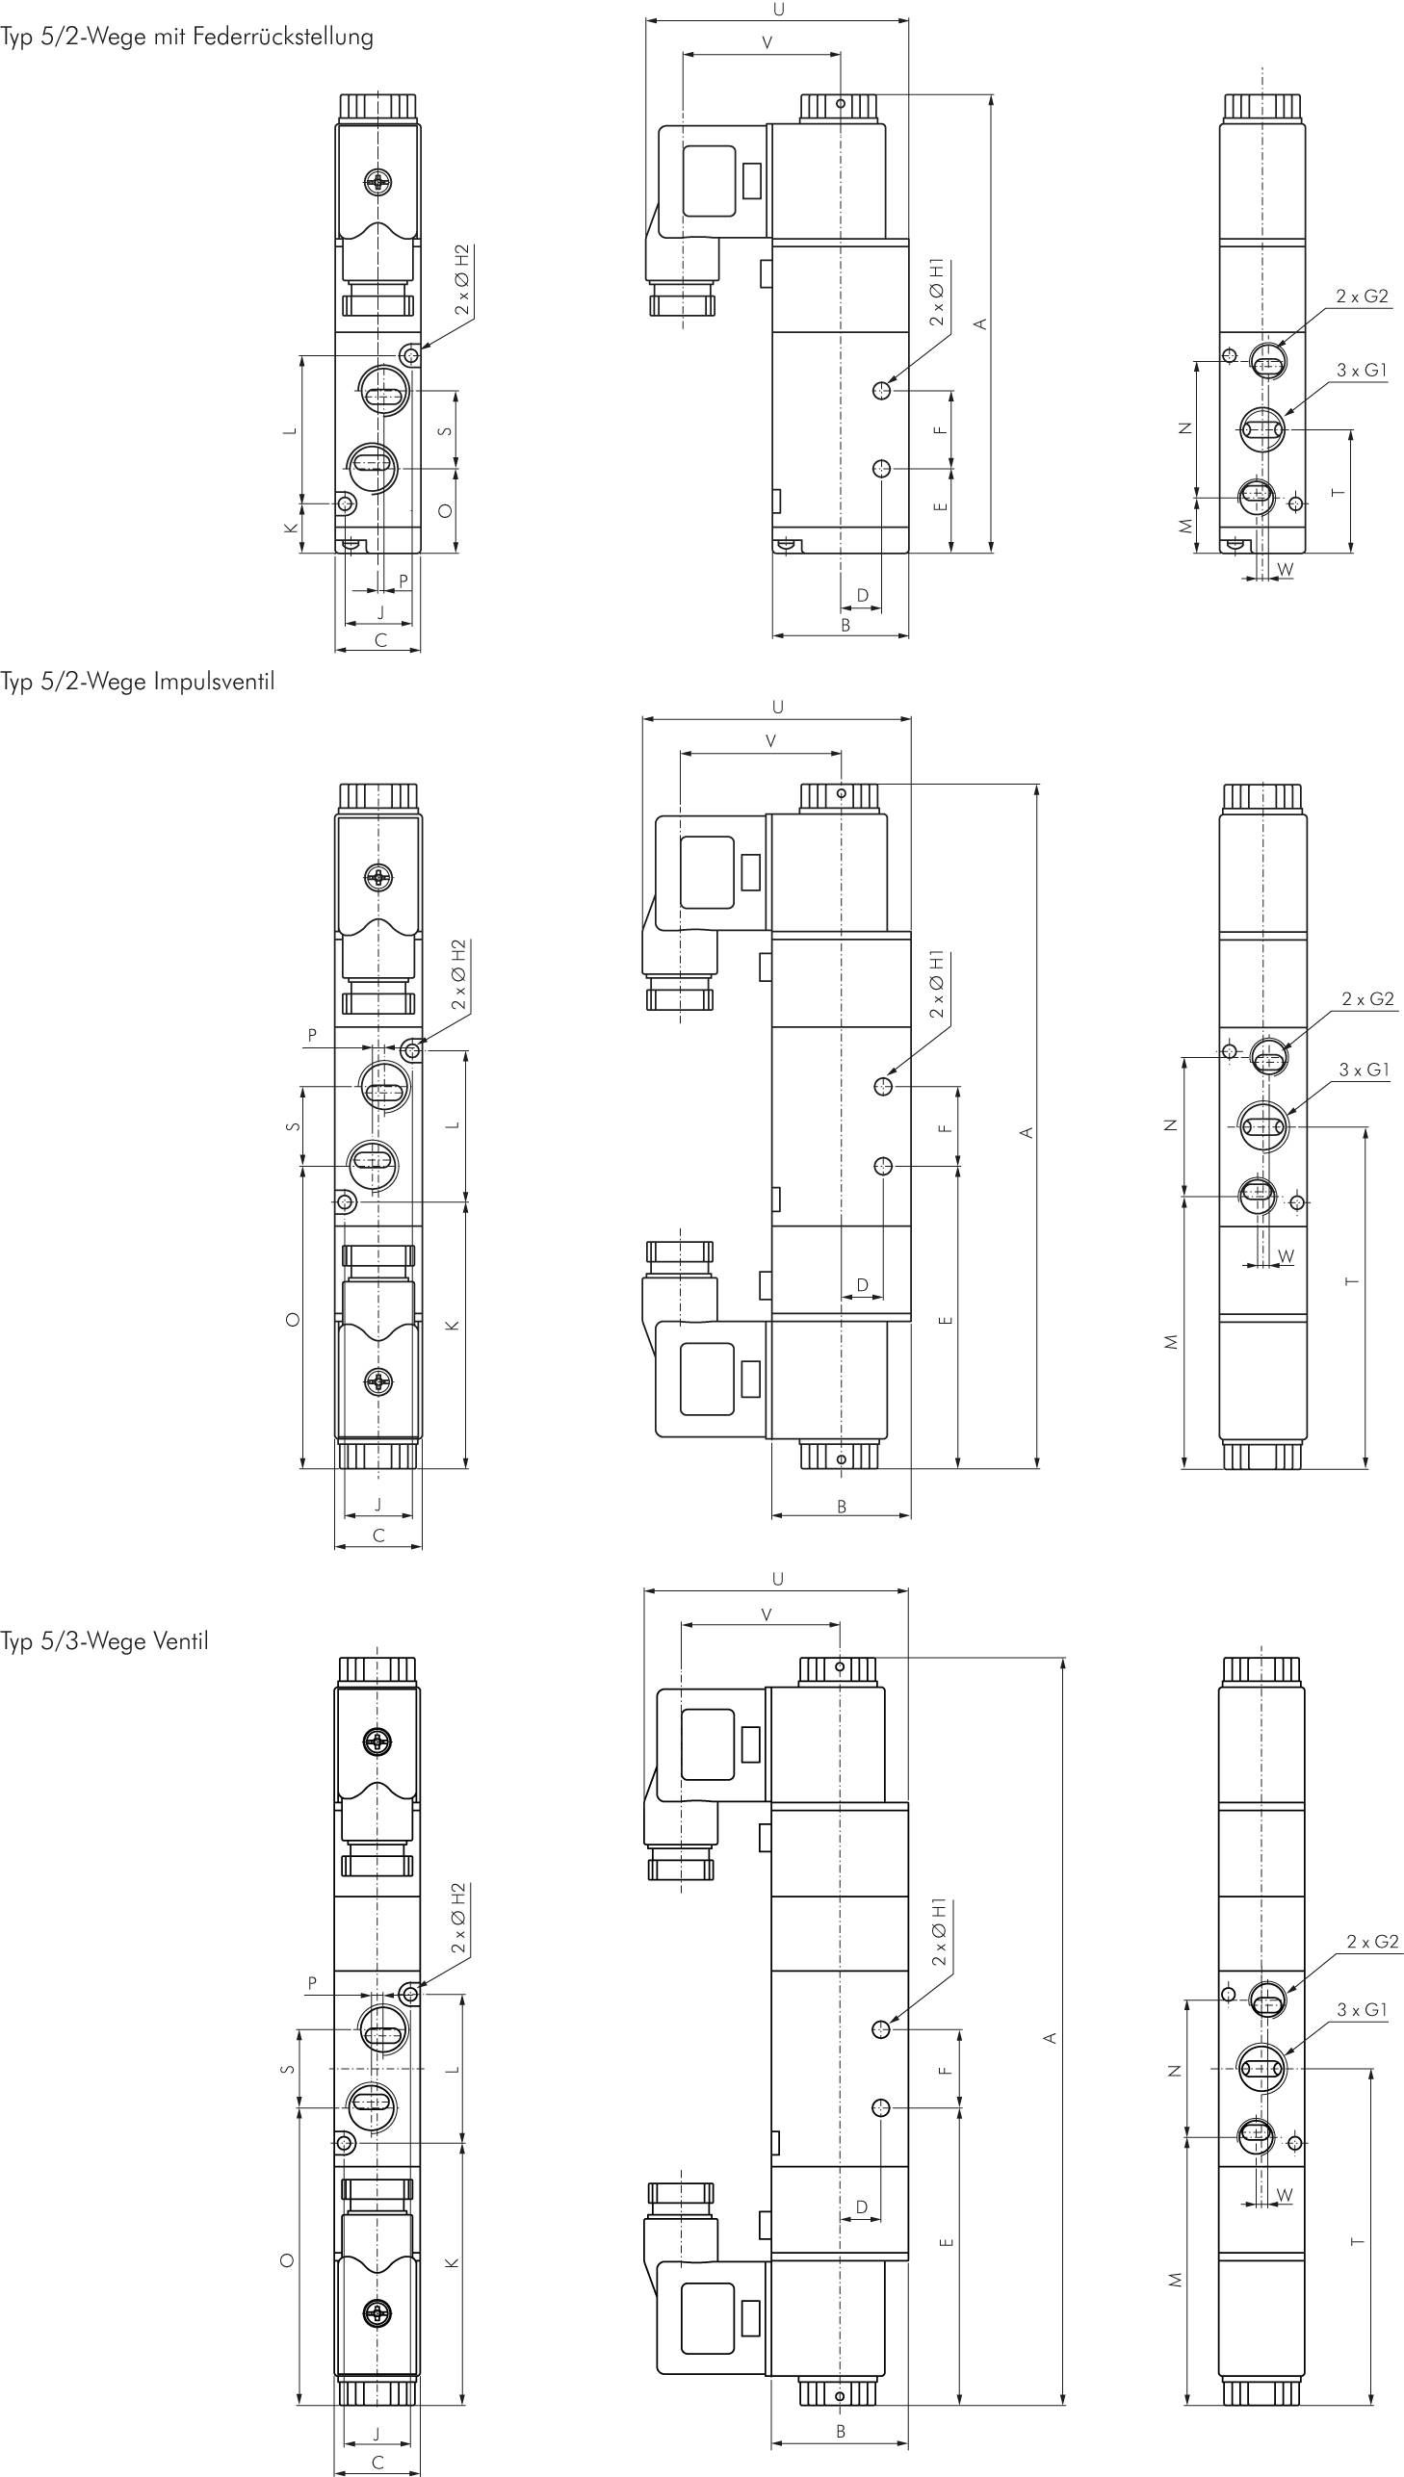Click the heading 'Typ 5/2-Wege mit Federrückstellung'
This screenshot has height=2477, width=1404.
point(187,38)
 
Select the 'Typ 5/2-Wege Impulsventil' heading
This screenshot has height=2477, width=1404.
point(138,683)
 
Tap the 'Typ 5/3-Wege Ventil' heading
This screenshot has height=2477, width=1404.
point(104,1641)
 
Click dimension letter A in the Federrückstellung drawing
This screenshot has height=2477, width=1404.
point(980,323)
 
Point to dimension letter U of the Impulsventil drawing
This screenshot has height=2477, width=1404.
point(778,707)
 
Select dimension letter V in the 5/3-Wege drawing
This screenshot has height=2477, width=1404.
point(767,1614)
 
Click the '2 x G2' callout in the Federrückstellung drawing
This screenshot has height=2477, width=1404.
point(1363,296)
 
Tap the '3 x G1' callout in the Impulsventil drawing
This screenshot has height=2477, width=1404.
point(1365,1069)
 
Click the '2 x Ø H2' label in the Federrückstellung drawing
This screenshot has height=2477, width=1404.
point(462,279)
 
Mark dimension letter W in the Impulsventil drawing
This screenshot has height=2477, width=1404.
point(1286,1257)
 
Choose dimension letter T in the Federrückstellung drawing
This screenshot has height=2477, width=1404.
point(1338,493)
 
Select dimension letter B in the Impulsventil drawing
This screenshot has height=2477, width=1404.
point(842,1506)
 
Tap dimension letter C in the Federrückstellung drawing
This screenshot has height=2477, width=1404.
point(381,640)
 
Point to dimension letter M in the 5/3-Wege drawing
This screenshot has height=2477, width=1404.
point(1175,2280)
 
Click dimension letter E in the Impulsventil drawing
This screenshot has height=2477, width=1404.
point(945,1320)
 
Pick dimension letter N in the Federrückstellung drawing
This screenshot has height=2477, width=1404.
point(1186,429)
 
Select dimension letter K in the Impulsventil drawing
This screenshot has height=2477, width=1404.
point(453,1326)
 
